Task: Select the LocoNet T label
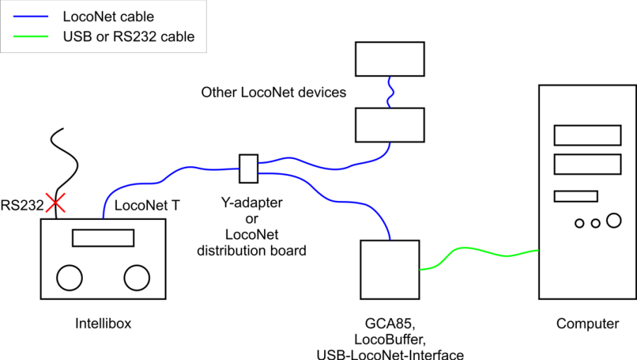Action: click(x=147, y=206)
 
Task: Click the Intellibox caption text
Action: click(x=103, y=324)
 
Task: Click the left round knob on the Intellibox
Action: click(x=70, y=277)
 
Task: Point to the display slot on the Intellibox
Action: click(x=103, y=238)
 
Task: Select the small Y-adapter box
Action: click(x=248, y=168)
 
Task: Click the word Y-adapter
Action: click(x=251, y=203)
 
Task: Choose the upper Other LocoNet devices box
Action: click(x=389, y=59)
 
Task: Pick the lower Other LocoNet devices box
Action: click(x=389, y=125)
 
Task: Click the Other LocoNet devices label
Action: click(x=273, y=92)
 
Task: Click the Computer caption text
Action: click(x=587, y=324)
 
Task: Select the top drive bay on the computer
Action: click(x=587, y=134)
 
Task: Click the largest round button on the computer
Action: click(x=613, y=221)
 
